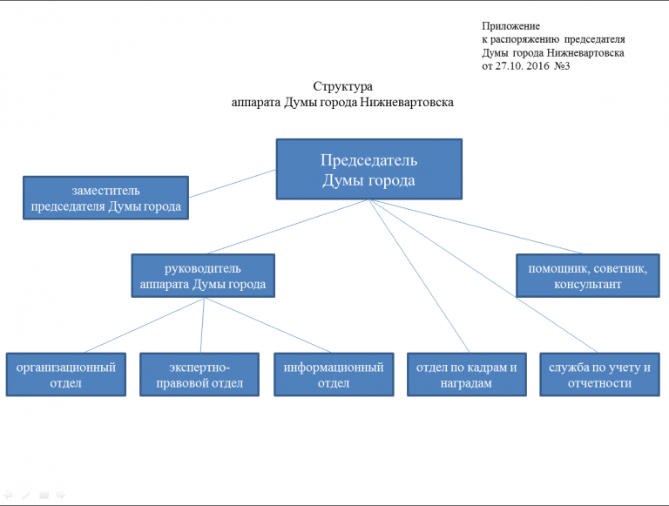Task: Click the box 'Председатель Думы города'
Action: (x=368, y=170)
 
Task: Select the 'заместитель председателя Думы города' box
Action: (x=105, y=199)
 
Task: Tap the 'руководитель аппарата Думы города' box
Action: (x=202, y=275)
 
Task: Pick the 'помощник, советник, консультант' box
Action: (x=586, y=276)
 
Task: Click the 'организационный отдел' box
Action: (x=66, y=374)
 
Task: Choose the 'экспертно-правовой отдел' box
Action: (x=200, y=374)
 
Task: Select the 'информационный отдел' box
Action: (x=334, y=374)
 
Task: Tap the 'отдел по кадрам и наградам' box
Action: (x=467, y=374)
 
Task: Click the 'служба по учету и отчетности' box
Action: (x=599, y=374)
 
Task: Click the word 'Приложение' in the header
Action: (x=510, y=27)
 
